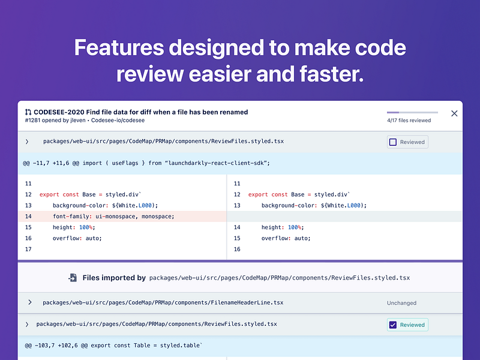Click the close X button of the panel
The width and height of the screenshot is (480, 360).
pos(454,113)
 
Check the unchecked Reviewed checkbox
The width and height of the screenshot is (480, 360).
pos(393,142)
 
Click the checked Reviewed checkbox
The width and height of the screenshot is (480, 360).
pos(393,325)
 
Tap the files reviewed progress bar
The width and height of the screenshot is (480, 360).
pos(412,112)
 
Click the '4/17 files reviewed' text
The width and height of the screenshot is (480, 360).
pos(409,121)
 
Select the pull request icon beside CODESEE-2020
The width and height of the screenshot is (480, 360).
pos(28,112)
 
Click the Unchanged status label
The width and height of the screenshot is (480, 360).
pos(401,303)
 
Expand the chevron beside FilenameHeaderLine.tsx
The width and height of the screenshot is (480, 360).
pos(29,302)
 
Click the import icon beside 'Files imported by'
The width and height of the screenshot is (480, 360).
pos(72,278)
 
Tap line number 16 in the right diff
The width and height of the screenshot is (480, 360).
pos(236,249)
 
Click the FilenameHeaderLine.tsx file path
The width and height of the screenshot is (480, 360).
pos(163,302)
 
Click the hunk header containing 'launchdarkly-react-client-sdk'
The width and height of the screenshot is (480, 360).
pos(148,163)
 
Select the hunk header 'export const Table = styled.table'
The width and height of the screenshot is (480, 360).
pos(114,346)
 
